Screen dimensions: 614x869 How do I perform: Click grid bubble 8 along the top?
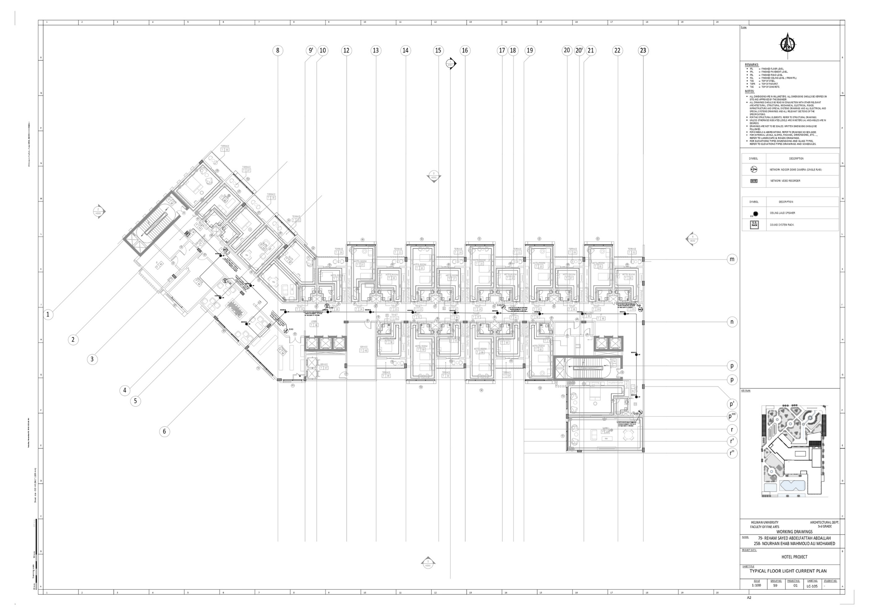[278, 50]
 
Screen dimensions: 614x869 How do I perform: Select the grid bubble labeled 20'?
[579, 50]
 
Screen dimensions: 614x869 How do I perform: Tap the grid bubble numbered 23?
[643, 50]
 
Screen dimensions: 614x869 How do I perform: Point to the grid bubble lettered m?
[732, 259]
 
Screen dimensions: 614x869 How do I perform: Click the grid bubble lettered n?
[732, 322]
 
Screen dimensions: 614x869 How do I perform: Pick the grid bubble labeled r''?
[732, 453]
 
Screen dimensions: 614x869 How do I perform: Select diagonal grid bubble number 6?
[165, 431]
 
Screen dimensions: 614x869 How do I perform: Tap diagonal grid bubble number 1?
[48, 315]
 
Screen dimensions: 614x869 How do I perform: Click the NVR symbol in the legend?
[754, 181]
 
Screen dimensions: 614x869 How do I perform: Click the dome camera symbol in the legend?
[754, 169]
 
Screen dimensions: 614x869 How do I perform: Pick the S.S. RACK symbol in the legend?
[754, 224]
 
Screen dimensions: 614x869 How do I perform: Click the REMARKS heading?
[752, 65]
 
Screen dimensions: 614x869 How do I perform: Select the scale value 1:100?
[756, 585]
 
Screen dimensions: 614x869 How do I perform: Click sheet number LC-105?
[812, 586]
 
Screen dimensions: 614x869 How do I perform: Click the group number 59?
[775, 585]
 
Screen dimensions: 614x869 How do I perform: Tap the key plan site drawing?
[794, 451]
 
